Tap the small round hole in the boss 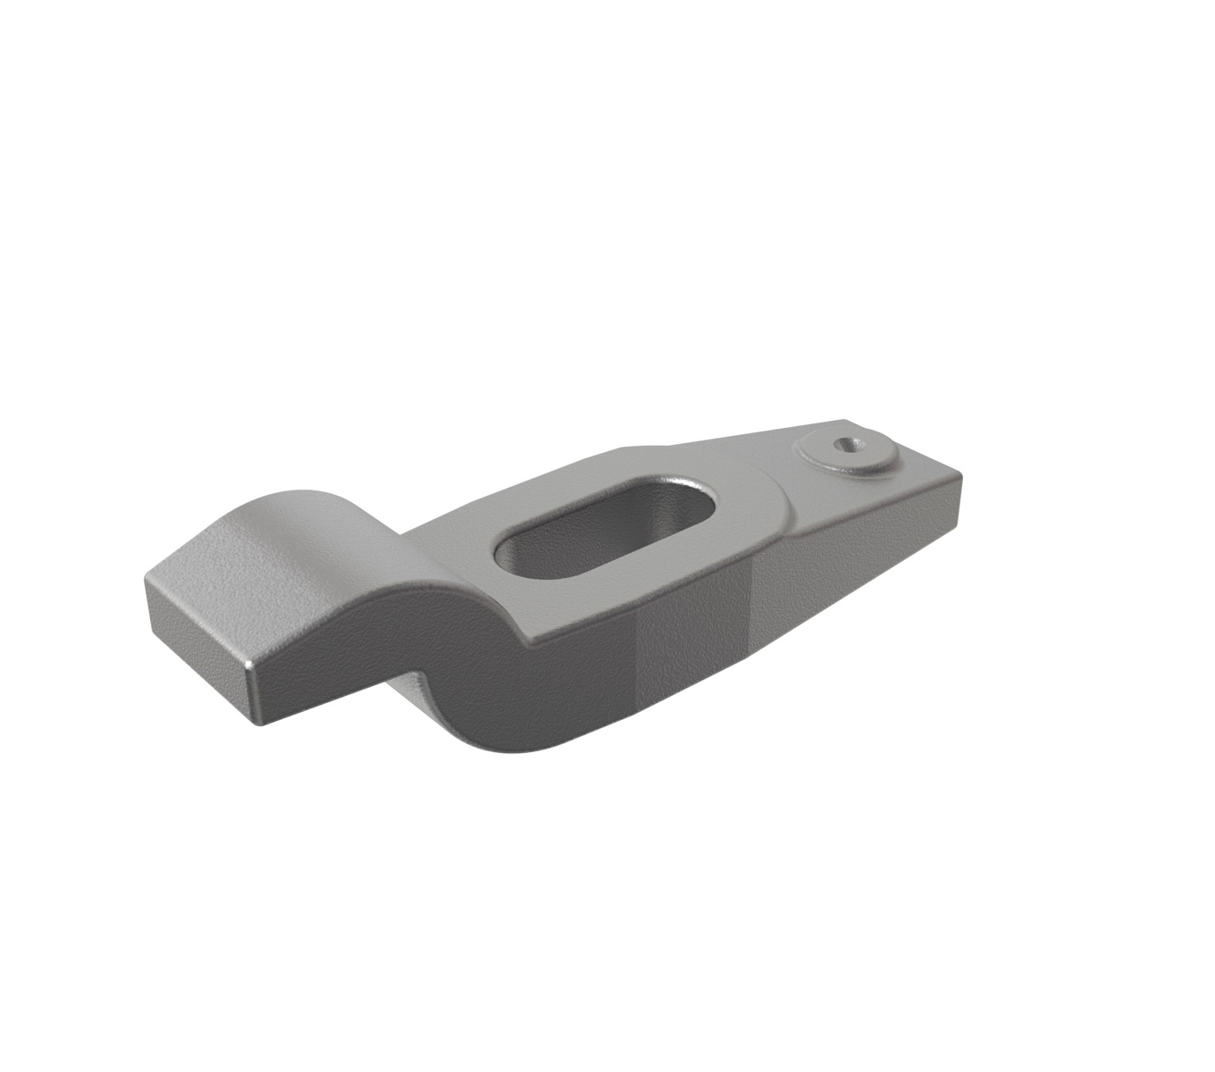[842, 444]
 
